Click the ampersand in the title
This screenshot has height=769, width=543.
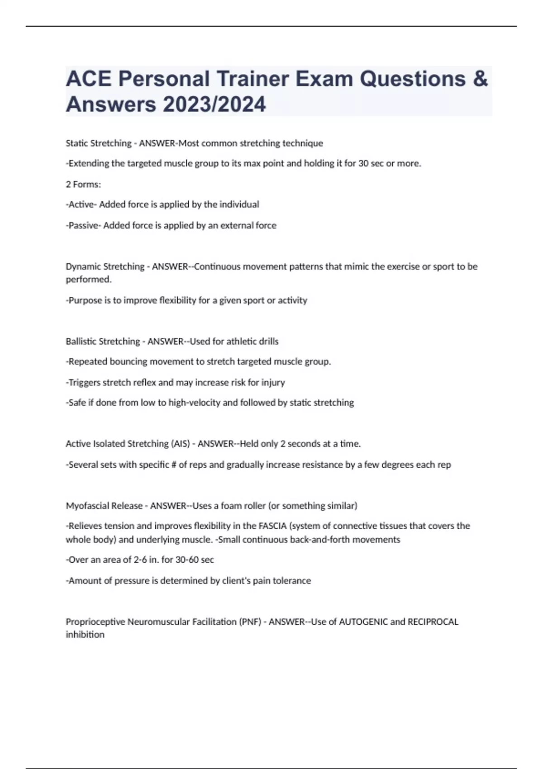click(x=481, y=79)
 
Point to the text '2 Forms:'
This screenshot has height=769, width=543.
click(x=83, y=185)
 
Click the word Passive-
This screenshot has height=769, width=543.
click(x=83, y=225)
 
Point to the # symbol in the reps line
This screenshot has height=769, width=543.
click(x=174, y=465)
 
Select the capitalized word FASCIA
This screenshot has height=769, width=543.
click(x=272, y=526)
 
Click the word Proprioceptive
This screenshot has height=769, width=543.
click(x=95, y=622)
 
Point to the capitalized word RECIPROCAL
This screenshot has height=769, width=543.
click(x=433, y=622)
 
